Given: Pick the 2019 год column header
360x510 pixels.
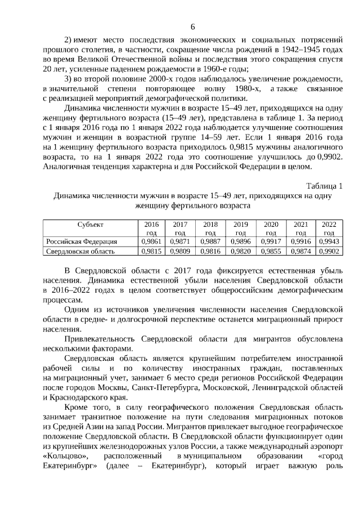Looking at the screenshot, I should click(240, 227).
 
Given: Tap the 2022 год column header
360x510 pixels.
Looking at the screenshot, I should click(329, 227).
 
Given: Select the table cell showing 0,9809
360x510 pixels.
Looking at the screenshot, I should click(180, 251).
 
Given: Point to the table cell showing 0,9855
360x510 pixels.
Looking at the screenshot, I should click(271, 251).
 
